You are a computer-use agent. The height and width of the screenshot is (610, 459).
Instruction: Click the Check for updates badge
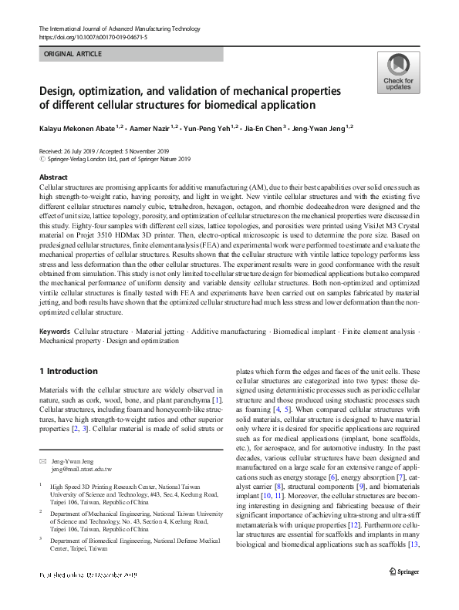[399, 72]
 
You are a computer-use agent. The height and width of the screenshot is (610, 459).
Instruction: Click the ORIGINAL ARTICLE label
[73, 55]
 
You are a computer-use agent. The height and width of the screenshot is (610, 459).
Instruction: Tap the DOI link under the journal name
[93, 37]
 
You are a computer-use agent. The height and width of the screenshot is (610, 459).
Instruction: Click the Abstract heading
[53, 177]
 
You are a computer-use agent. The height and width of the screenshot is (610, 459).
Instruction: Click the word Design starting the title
[60, 90]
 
